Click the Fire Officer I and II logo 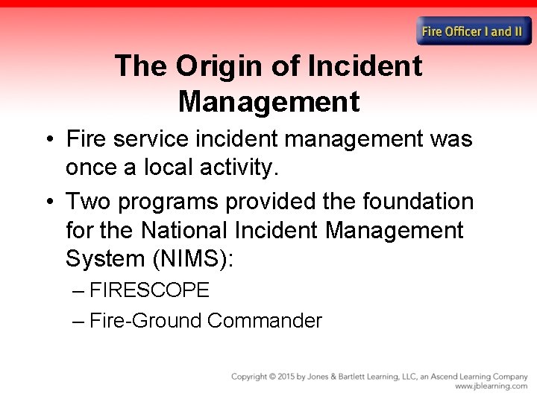(474, 31)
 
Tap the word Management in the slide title (268, 101)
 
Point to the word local (171, 167)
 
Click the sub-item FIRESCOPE (149, 290)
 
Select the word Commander (265, 321)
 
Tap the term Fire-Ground (145, 321)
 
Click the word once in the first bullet (94, 167)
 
